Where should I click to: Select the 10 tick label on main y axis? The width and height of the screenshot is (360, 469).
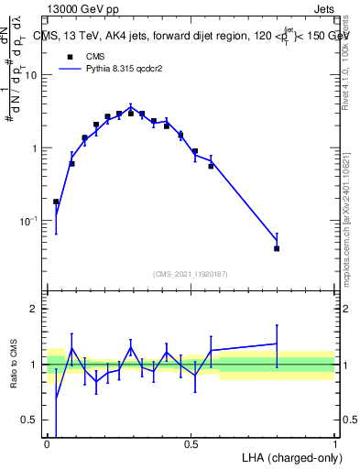point(31,75)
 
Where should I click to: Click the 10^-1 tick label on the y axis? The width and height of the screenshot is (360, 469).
point(28,221)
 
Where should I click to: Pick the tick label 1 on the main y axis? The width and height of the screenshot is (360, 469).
point(35,148)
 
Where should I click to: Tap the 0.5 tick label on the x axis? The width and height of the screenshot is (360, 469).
point(191,445)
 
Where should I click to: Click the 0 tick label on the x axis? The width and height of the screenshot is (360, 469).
point(48,445)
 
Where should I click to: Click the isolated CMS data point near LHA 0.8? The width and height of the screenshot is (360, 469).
point(277,248)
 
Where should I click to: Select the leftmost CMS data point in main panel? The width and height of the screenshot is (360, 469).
point(56,202)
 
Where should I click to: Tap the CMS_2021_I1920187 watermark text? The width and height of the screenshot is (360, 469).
point(191,273)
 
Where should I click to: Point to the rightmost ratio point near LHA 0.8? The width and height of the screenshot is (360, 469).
point(277,344)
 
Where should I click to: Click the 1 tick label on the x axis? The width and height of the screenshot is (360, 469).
point(334,445)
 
